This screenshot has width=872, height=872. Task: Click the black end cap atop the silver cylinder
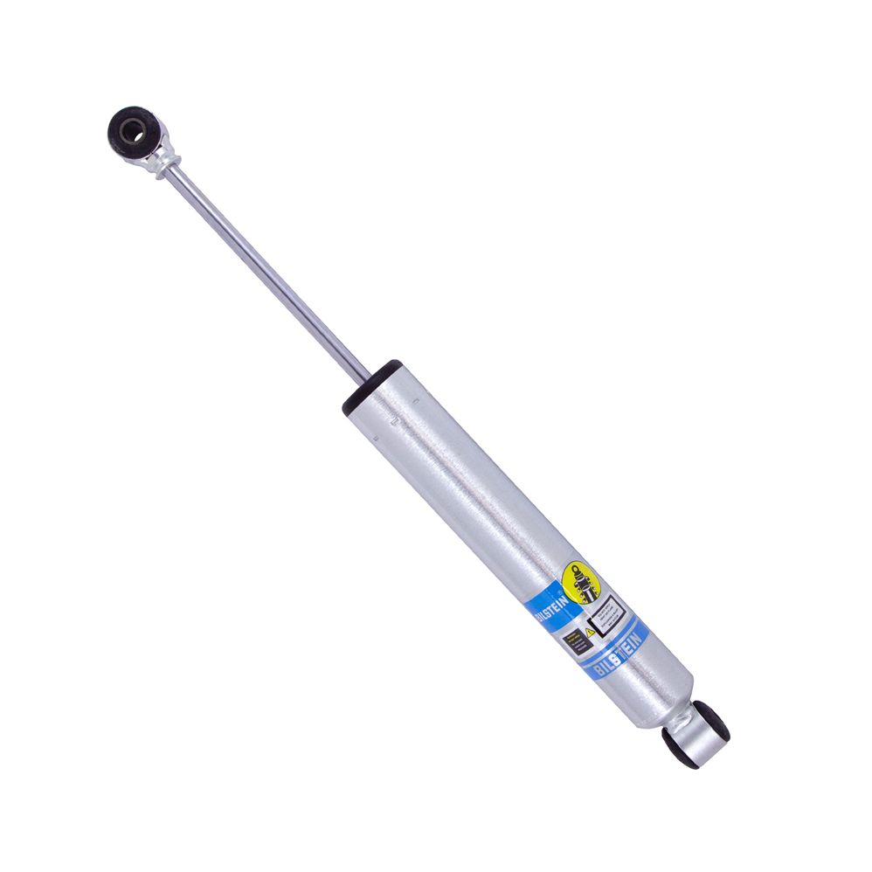tap(370, 385)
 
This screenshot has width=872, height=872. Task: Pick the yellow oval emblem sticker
tap(582, 578)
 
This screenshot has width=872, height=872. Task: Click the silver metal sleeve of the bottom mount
tap(696, 733)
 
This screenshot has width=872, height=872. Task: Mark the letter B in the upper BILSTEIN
tap(539, 617)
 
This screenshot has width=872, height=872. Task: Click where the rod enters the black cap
tap(367, 377)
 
